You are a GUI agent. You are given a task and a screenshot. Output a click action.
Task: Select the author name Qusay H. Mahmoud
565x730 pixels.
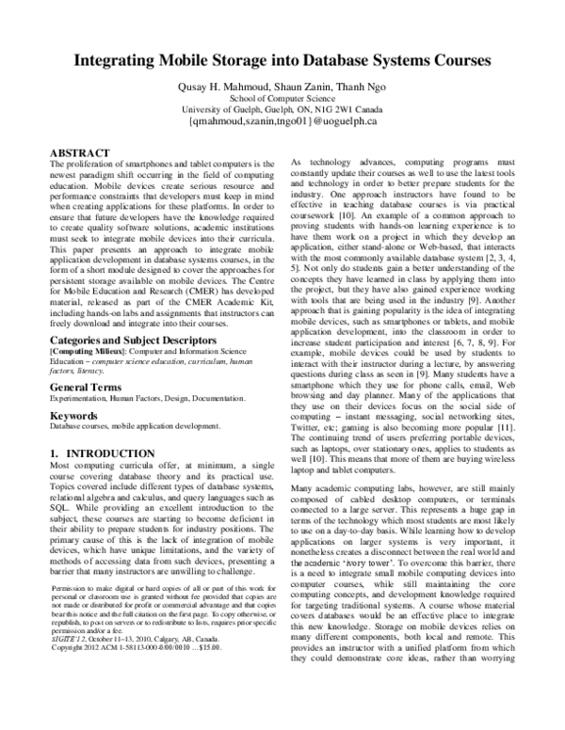pyautogui.click(x=234, y=87)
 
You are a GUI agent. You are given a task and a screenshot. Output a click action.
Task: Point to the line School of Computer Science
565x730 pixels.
pyautogui.click(x=282, y=99)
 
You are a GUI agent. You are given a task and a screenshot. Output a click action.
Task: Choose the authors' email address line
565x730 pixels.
pyautogui.click(x=282, y=122)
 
